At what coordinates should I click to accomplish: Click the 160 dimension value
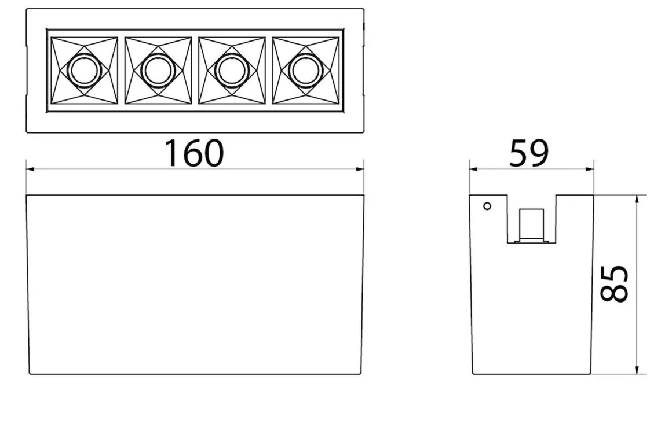pos(194,153)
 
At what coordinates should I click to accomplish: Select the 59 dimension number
pos(529,153)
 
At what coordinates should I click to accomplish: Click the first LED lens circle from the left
pos(84,70)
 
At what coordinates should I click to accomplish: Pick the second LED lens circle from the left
pos(158,70)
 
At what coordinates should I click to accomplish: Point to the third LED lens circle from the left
pos(231,70)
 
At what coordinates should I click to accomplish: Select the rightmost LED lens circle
pos(305,70)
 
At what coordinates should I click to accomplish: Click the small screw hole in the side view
pos(487,207)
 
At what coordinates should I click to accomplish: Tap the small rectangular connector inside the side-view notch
pos(531,224)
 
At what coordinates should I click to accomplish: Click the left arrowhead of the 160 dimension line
pos(31,169)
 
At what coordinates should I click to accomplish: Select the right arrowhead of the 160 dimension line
pos(360,169)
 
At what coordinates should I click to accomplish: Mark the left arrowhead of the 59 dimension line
pos(473,169)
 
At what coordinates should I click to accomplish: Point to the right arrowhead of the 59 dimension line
pos(590,169)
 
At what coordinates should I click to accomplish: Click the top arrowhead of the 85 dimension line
pos(637,200)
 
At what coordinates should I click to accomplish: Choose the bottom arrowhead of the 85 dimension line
pos(637,370)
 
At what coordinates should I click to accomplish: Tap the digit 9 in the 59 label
pos(539,153)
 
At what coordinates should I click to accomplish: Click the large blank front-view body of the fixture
pos(195,285)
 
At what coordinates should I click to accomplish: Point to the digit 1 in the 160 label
pos(171,153)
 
